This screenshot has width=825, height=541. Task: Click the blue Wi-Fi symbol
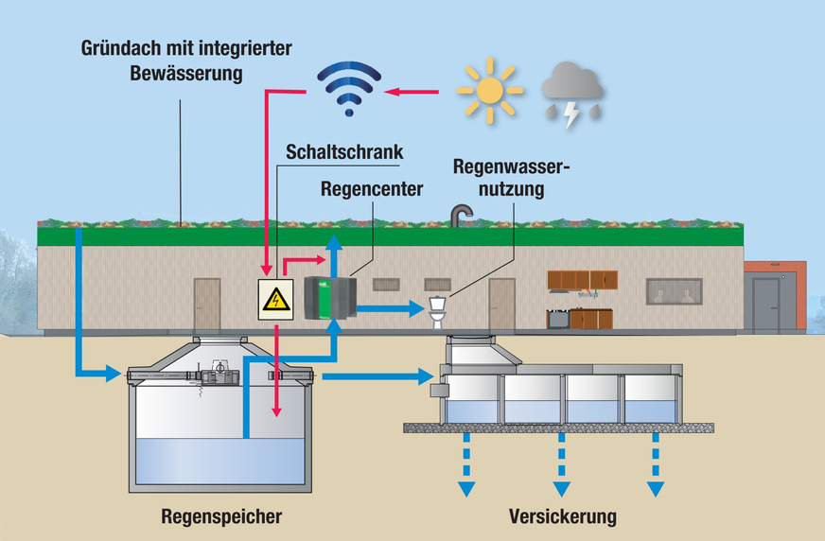click(x=351, y=87)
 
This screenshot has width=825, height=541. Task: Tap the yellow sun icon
click(x=489, y=91)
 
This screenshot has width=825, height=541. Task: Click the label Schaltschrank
click(x=345, y=152)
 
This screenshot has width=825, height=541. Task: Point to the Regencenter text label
click(x=370, y=189)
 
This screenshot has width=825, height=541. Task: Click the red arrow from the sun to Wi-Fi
click(x=416, y=92)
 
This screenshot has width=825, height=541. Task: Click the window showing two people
click(x=674, y=291)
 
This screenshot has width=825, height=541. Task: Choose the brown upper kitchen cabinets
click(x=582, y=279)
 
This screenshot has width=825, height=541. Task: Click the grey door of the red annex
click(x=765, y=305)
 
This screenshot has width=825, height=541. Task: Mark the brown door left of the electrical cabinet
click(x=207, y=304)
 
